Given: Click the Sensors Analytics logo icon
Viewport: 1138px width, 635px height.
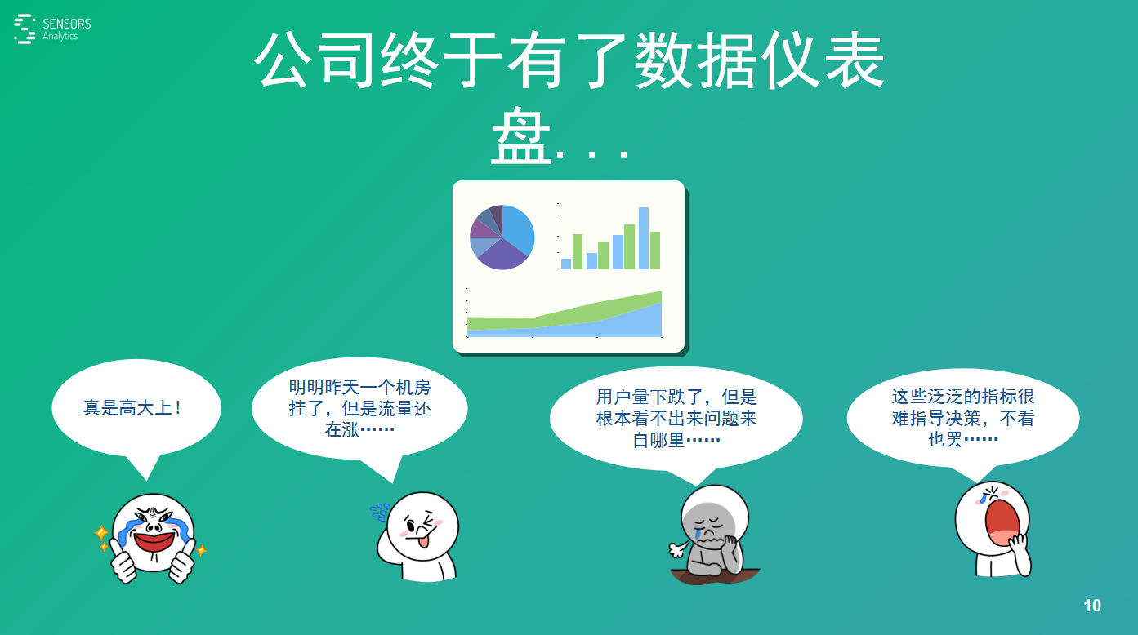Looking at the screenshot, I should [x=25, y=29].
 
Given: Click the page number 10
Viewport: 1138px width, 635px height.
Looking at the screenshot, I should [x=1092, y=606].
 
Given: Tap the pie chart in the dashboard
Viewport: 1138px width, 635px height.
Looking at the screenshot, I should [x=502, y=237].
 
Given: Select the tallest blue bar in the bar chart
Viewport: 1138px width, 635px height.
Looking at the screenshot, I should [x=644, y=238].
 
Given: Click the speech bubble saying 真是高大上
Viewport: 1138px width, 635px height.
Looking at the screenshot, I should [x=136, y=408].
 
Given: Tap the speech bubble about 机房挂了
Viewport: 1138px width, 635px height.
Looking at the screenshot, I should [x=359, y=408].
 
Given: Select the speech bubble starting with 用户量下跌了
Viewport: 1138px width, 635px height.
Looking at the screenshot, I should [x=676, y=418].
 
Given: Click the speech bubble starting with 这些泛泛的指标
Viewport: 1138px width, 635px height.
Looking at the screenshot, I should [x=963, y=417].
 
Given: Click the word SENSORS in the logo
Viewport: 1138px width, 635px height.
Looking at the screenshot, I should [x=66, y=24].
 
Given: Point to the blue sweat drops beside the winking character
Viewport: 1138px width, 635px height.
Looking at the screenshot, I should [x=379, y=512].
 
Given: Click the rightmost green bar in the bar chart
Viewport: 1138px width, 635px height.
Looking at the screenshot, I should [x=655, y=251].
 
